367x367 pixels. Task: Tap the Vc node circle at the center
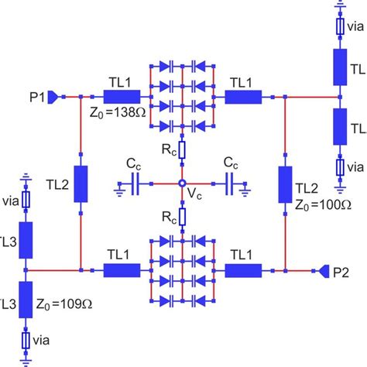point(182,183)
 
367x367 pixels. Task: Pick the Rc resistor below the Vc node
point(182,216)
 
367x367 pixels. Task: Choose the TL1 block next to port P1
point(120,98)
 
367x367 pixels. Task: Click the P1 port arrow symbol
point(53,98)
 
